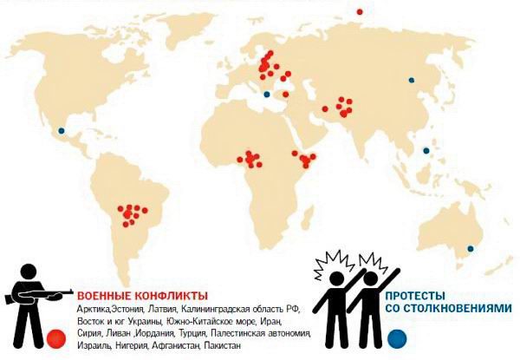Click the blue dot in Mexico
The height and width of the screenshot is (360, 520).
(61, 131)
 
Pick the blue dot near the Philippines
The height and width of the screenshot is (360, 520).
(426, 151)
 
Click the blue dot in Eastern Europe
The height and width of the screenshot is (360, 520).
(267, 94)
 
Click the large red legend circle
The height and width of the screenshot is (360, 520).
(58, 337)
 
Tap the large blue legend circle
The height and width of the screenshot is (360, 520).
(397, 337)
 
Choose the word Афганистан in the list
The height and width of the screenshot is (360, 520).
(170, 344)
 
